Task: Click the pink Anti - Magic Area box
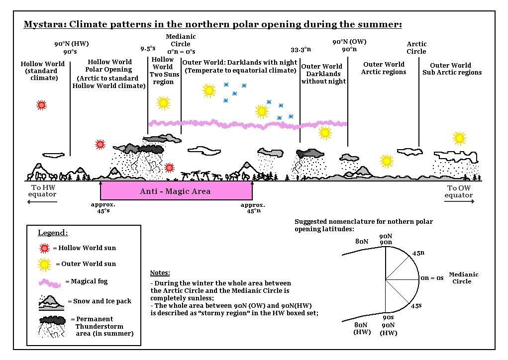coord(176,191)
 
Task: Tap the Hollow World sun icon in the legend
coord(45,248)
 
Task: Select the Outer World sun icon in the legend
coord(45,264)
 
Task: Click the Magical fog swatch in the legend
coord(49,282)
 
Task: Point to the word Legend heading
coord(53,233)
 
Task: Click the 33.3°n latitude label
coord(301,49)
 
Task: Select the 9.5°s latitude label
coord(148,49)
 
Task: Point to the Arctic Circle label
coord(416,48)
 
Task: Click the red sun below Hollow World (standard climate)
coord(42,105)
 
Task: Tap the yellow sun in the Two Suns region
coord(163,103)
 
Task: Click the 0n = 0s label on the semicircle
coord(432,278)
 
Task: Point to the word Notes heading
coord(160,273)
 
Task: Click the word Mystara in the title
coord(44,24)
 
